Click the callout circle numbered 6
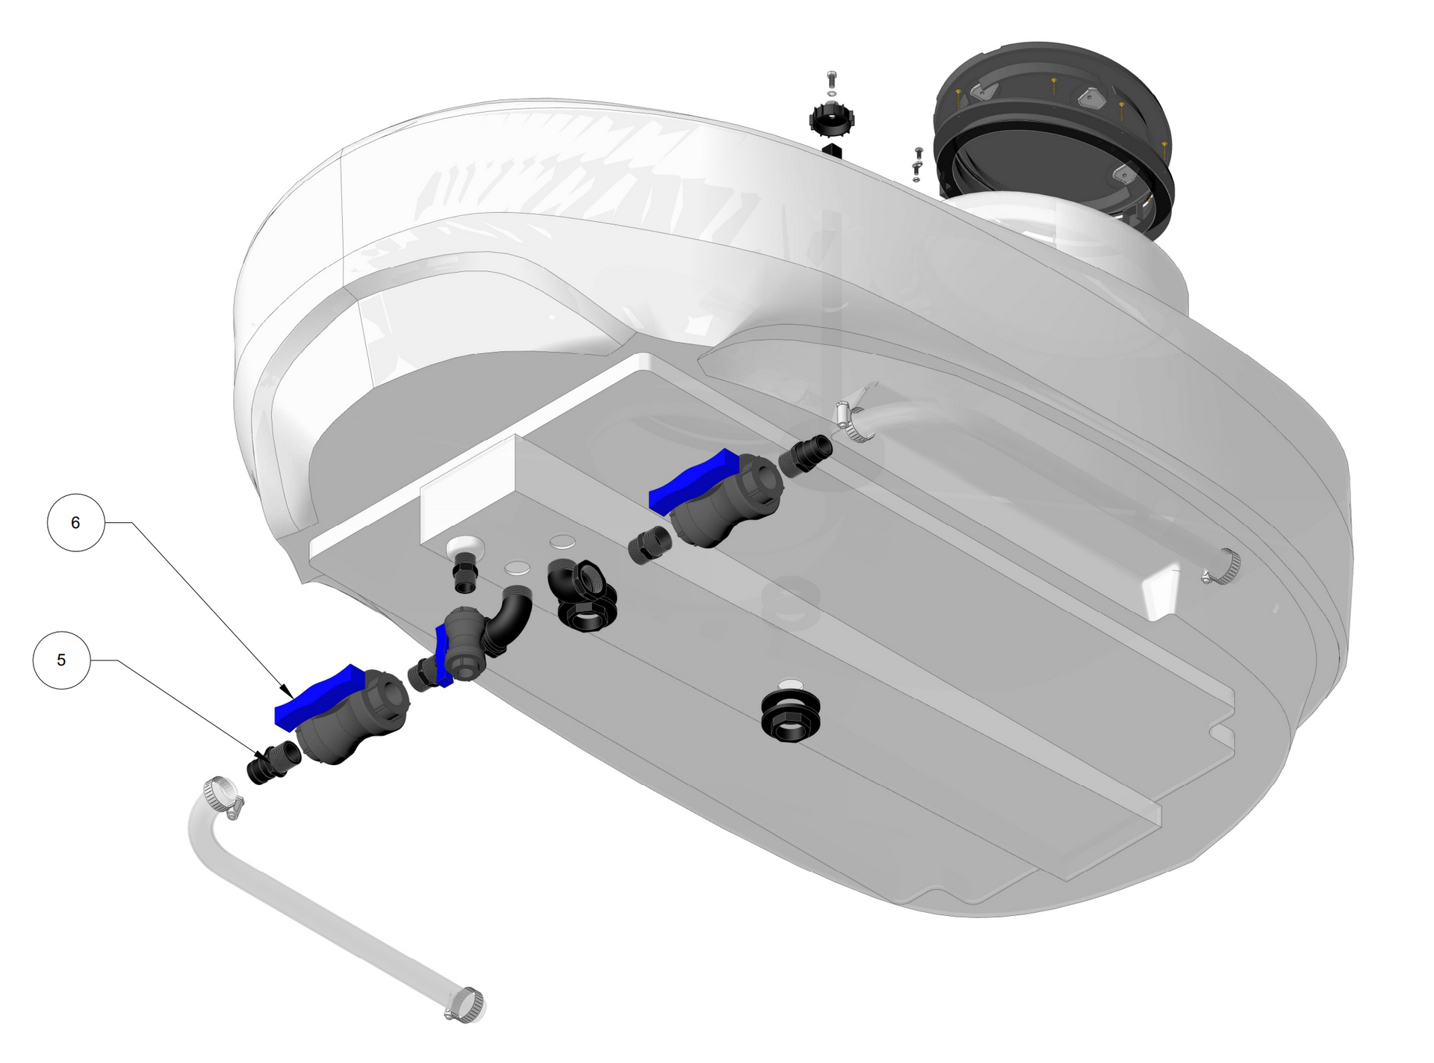point(75,523)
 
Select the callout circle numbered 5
point(61,660)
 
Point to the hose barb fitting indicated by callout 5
point(273,762)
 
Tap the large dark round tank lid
point(1053,138)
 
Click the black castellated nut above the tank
point(831,120)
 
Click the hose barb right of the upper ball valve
point(807,454)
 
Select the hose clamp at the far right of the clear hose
point(1223,566)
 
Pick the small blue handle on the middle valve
point(442,656)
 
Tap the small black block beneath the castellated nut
point(832,152)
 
